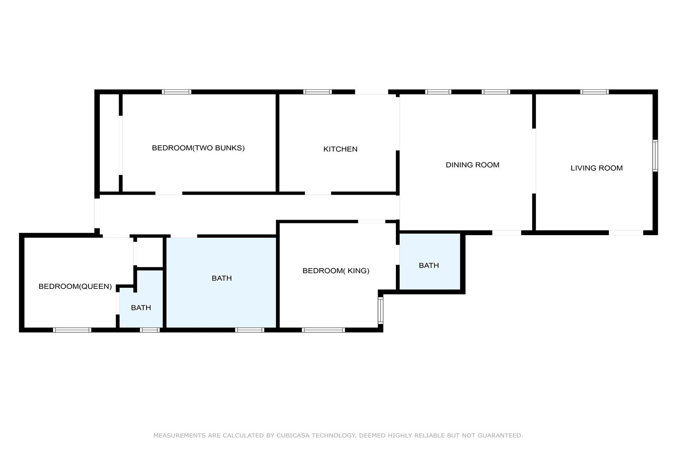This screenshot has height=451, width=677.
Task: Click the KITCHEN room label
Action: [x=340, y=149]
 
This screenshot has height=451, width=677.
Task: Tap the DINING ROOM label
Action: [x=472, y=165]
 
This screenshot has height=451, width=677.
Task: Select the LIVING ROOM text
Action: [x=597, y=168]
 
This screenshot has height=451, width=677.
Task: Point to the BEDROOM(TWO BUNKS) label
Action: [x=198, y=148]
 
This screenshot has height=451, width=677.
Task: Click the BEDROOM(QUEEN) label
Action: [x=75, y=286]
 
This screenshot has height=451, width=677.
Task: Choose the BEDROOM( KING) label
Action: [x=336, y=271]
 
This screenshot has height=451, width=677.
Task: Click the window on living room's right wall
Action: [x=655, y=156]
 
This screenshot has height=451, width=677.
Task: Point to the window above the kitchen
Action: [x=318, y=92]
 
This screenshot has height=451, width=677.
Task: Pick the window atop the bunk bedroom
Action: [x=177, y=92]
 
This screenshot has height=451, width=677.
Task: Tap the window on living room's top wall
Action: [x=594, y=92]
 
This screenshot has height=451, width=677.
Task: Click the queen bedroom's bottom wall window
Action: [x=72, y=330]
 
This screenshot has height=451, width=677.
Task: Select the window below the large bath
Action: [x=250, y=330]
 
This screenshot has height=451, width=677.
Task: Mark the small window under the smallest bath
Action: [x=150, y=330]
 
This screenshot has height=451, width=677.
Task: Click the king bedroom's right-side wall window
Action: [x=380, y=310]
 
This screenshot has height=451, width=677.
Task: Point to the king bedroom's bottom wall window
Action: [x=323, y=330]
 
